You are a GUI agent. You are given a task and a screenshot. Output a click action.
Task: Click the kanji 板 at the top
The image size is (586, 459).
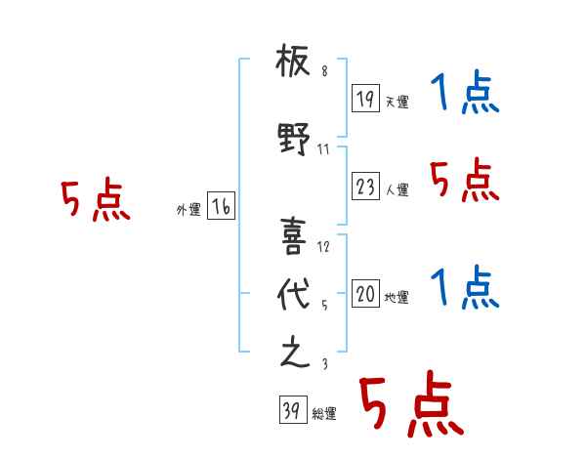(293, 61)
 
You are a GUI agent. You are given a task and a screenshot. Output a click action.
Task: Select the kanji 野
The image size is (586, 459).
(294, 139)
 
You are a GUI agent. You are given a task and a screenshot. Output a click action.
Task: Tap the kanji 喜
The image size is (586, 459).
(293, 236)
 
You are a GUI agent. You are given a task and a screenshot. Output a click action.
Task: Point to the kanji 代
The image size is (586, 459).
(294, 294)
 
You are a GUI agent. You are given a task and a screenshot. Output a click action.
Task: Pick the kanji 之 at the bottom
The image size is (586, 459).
(295, 352)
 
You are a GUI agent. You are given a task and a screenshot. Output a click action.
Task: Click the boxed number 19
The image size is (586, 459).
(365, 98)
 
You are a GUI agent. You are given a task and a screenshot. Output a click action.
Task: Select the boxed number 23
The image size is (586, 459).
(365, 186)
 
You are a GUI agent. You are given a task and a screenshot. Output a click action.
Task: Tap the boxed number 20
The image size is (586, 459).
(365, 293)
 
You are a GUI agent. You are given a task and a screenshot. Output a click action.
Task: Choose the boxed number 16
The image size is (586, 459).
(221, 206)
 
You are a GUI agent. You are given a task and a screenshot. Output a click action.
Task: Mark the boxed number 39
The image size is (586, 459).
(293, 409)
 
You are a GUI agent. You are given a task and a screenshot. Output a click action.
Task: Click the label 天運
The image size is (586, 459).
(397, 102)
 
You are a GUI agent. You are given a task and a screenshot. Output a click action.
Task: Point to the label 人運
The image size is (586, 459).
(397, 189)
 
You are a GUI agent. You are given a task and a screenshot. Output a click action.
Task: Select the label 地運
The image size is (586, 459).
(397, 298)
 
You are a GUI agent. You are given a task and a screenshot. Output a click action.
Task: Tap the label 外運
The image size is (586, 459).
(188, 210)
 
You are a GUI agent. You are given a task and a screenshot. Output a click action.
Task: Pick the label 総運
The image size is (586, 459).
(324, 414)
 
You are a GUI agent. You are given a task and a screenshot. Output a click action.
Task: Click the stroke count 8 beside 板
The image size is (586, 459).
(324, 71)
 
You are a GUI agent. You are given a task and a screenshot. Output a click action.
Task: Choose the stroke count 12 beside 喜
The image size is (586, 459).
(323, 247)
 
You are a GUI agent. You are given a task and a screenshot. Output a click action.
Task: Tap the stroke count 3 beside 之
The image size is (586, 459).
(325, 363)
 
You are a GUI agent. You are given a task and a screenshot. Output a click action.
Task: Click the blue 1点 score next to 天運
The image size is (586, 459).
(465, 91)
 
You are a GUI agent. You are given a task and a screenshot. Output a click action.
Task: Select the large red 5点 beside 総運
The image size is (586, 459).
(411, 403)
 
